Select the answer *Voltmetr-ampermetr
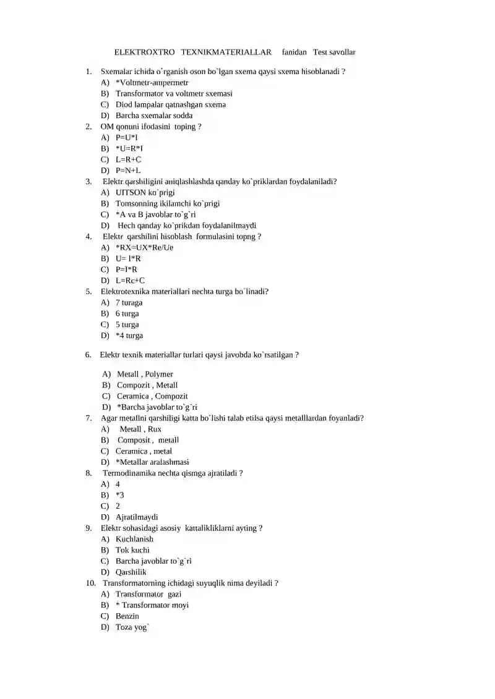152,82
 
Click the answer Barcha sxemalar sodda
154,116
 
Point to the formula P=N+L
128,171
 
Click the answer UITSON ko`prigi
145,192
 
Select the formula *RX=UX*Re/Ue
144,247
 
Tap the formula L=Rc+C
130,281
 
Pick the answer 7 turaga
129,303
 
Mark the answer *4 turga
129,336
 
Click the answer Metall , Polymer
145,374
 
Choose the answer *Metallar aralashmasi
152,462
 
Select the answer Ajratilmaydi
137,517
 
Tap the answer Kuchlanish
134,539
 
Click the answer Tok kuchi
132,550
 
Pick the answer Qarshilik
131,572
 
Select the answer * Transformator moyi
152,605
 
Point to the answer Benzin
127,616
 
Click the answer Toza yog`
132,627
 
